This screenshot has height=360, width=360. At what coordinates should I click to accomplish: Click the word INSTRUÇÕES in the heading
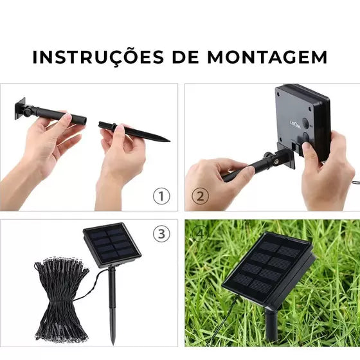tap(98, 57)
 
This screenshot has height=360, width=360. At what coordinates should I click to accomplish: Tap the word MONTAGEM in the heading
tap(267, 57)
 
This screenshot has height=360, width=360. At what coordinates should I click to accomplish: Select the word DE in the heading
tap(186, 57)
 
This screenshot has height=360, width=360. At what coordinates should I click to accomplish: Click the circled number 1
tap(161, 196)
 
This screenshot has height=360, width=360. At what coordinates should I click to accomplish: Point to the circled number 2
tap(201, 196)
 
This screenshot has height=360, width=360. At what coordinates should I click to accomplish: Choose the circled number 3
tap(161, 234)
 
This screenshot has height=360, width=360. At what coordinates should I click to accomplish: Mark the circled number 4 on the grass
tap(200, 234)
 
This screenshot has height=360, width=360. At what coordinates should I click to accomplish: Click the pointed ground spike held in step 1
tap(134, 132)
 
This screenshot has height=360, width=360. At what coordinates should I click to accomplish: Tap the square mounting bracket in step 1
tap(20, 109)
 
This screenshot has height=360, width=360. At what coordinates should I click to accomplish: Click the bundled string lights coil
tap(61, 298)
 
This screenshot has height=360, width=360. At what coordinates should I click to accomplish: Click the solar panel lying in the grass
tap(269, 269)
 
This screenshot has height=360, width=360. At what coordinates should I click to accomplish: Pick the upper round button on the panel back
tap(305, 123)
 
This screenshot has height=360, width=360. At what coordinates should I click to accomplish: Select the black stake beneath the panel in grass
tap(271, 324)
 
